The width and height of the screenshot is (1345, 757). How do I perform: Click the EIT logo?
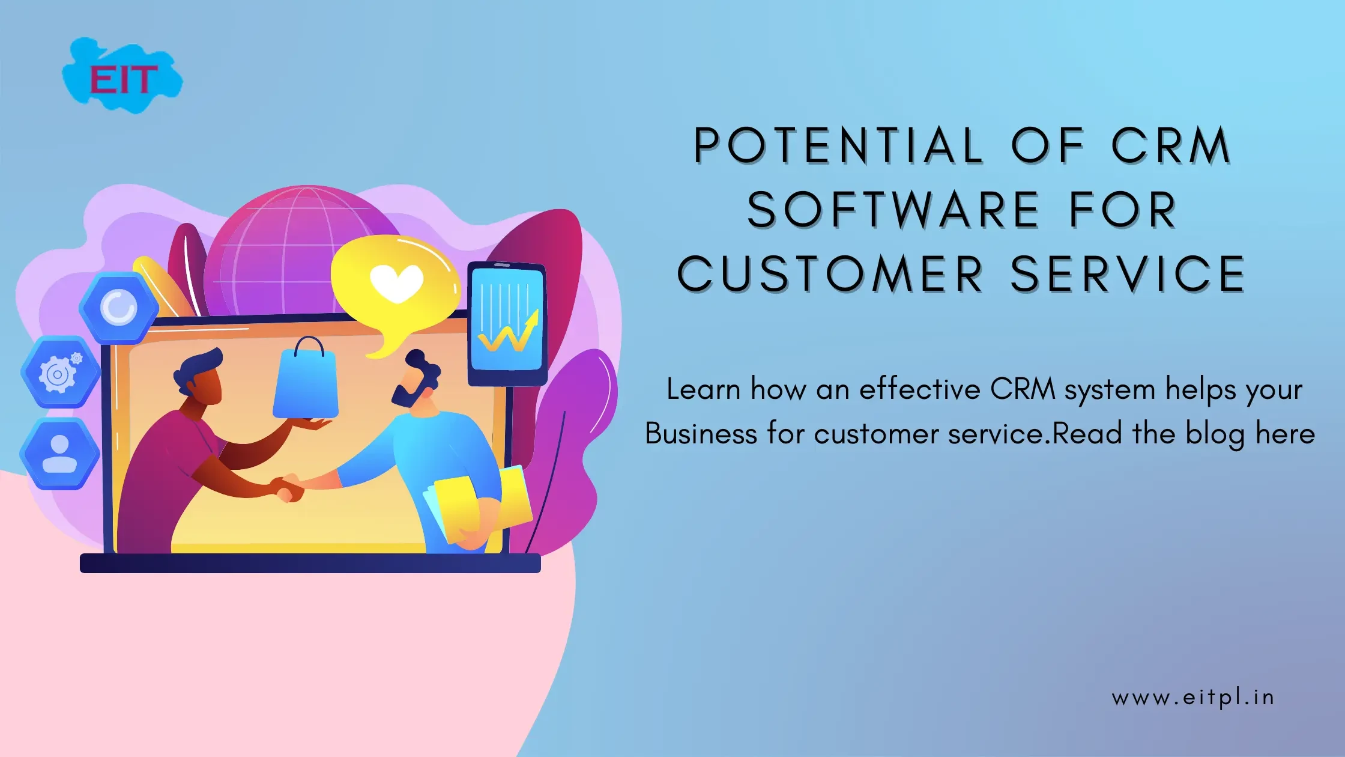[x=122, y=77]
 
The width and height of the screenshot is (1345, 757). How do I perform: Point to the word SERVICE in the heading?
[x=1128, y=275]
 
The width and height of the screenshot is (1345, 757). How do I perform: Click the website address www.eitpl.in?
[x=1192, y=698]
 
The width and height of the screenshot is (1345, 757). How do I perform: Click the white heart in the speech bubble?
[x=396, y=282]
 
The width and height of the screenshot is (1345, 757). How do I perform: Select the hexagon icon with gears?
[x=59, y=372]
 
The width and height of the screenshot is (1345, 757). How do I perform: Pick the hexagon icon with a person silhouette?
[x=59, y=454]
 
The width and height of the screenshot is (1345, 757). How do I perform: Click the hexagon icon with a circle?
[x=118, y=308]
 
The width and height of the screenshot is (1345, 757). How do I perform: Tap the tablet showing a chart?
[x=507, y=323]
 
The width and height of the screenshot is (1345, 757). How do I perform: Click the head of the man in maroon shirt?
[x=201, y=375]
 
